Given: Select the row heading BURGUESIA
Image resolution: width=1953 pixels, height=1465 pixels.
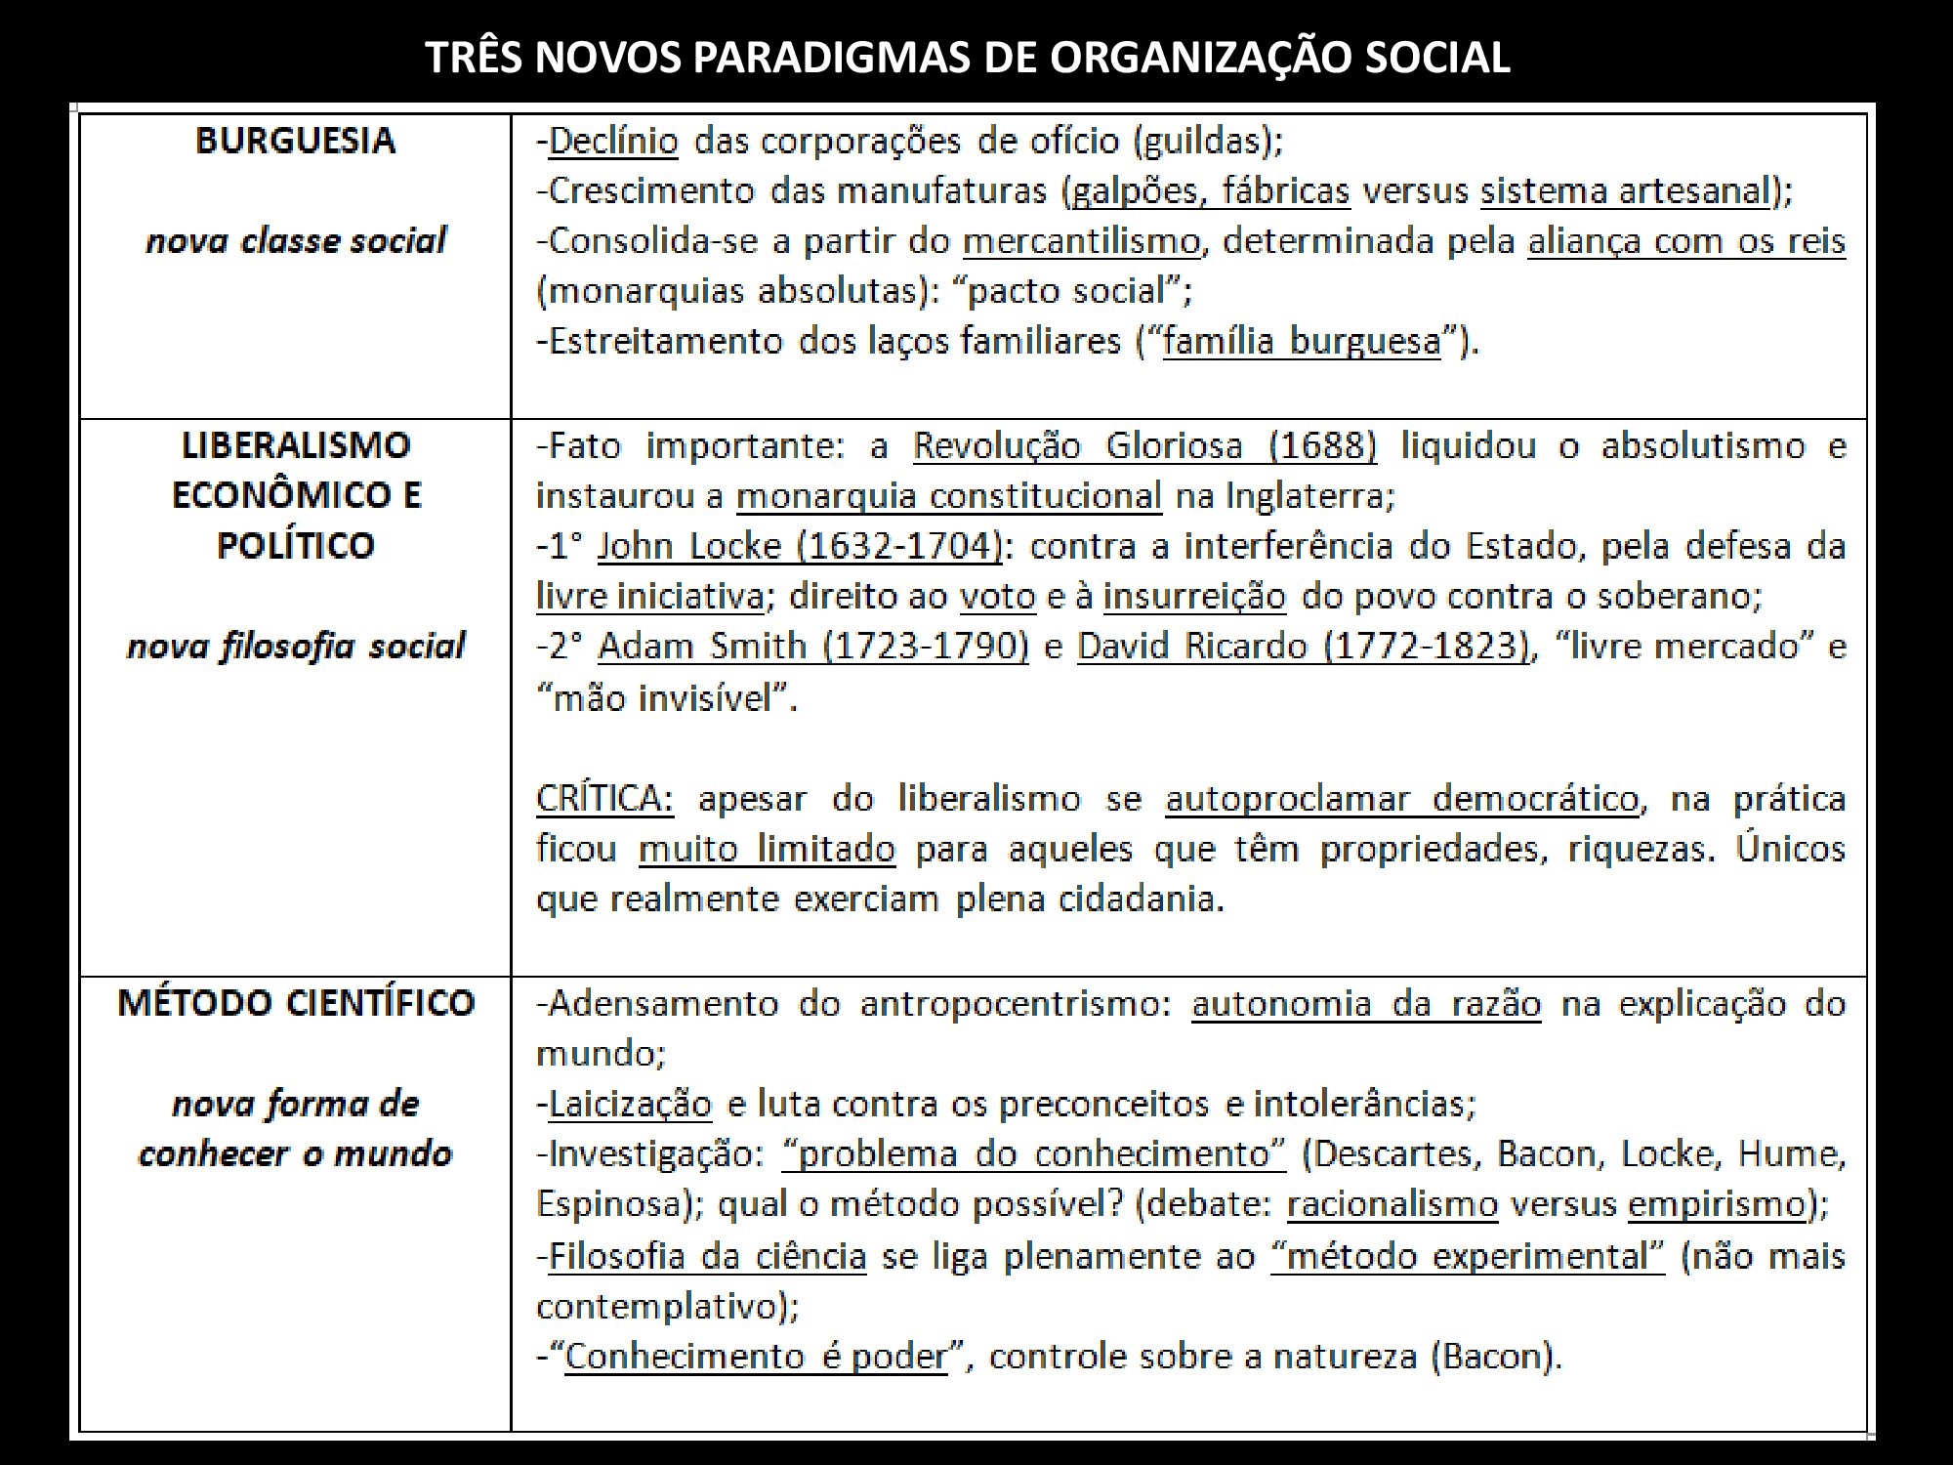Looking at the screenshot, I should [x=296, y=141].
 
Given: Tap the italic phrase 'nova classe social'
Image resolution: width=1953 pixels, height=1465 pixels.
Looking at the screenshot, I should [x=296, y=240].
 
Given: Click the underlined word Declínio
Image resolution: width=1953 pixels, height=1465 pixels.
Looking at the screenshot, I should [x=613, y=142].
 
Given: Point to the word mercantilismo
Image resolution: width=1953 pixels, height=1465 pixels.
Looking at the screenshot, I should [x=1081, y=241].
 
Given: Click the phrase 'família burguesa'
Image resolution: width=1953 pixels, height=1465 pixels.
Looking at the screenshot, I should [x=1302, y=341].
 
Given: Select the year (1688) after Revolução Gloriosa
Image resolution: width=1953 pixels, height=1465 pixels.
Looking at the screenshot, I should [x=1322, y=446].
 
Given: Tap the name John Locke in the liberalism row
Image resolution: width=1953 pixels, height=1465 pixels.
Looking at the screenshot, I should [x=689, y=546].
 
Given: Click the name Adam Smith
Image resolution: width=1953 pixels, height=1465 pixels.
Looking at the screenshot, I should [x=703, y=647].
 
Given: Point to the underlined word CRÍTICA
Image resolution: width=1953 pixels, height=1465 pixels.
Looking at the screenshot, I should [x=604, y=799].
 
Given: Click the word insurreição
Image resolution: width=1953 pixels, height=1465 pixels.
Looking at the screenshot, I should [x=1194, y=596].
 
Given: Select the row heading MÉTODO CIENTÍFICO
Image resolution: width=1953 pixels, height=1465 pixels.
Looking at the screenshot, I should [x=296, y=1003].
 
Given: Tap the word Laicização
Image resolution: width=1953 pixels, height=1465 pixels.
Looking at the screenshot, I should [x=630, y=1105].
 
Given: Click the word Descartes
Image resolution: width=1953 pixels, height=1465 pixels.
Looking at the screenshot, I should [x=1388, y=1154].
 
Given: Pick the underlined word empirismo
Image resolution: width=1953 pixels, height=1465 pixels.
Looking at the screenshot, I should [x=1717, y=1204].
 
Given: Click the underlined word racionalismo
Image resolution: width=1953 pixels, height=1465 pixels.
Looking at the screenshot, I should [x=1392, y=1204].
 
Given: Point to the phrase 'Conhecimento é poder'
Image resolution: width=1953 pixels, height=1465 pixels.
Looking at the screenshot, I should [x=756, y=1357].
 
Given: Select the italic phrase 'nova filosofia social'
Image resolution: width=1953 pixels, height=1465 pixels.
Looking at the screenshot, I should [x=296, y=647].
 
